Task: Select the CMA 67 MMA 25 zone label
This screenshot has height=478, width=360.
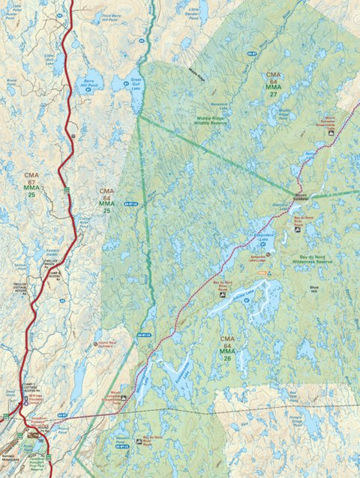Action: pos(31,185)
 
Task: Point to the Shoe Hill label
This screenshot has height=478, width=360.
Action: pos(313,286)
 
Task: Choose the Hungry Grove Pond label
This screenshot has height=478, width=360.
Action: pos(317,421)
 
